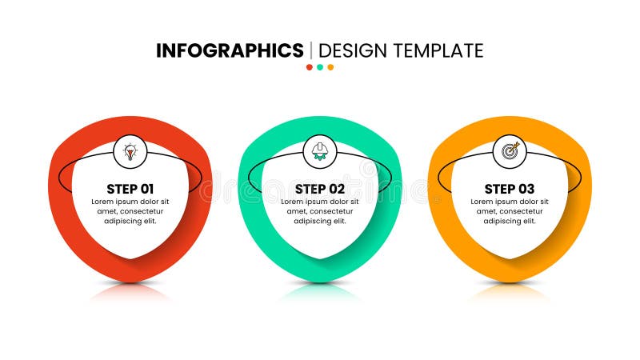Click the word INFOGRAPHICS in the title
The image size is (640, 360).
(x=230, y=50)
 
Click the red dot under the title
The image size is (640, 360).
(x=310, y=67)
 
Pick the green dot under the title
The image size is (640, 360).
(x=320, y=67)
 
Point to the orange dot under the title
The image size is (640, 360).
(x=330, y=67)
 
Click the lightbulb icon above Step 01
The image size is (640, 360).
(x=130, y=150)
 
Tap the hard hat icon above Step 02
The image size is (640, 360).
(x=320, y=150)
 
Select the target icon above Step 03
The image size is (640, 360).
(x=510, y=150)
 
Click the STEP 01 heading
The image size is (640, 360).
(x=130, y=189)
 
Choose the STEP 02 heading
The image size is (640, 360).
(x=320, y=189)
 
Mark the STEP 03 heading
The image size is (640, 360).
(x=510, y=189)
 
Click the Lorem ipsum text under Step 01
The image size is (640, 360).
(x=130, y=211)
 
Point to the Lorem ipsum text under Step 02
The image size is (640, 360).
(x=320, y=211)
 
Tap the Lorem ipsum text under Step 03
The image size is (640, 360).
(x=510, y=211)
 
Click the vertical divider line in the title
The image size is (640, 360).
(x=311, y=50)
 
